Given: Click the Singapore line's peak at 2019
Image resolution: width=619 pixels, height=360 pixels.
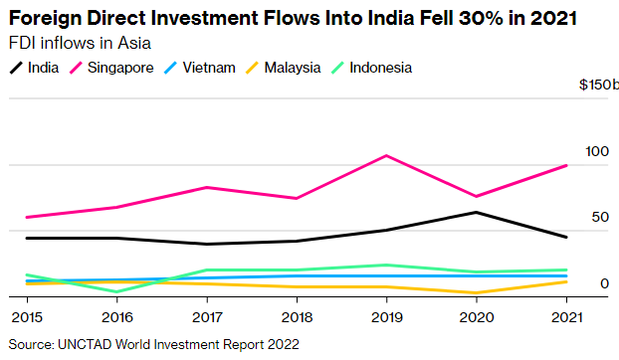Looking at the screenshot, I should [x=386, y=156].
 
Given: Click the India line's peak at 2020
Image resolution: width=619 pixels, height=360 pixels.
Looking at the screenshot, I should [x=477, y=212].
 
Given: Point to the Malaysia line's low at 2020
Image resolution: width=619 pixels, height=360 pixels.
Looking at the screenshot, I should [x=477, y=293].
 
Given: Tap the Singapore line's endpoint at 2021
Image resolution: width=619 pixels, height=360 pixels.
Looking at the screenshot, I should [x=566, y=165].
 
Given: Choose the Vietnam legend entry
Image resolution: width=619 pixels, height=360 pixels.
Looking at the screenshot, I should [x=203, y=68].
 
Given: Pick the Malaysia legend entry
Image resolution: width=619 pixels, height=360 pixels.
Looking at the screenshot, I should [x=284, y=68].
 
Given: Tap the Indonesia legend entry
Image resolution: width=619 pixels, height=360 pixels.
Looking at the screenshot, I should [x=373, y=68].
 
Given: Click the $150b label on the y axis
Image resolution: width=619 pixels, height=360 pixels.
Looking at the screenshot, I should [x=598, y=86].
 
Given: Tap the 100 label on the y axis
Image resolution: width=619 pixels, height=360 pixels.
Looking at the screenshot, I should [x=596, y=151].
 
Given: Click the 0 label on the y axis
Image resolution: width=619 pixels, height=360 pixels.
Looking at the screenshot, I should [x=603, y=283].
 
